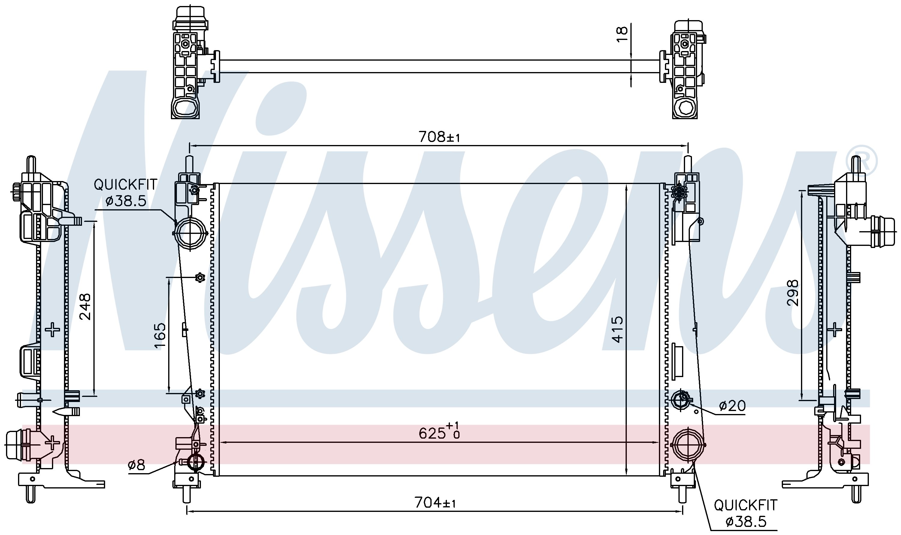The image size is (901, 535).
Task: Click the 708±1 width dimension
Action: pyautogui.click(x=439, y=137)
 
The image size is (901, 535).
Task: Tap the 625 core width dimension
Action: pyautogui.click(x=439, y=431)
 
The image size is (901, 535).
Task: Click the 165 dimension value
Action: pyautogui.click(x=160, y=336)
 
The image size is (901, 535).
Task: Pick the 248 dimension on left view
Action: pyautogui.click(x=85, y=307)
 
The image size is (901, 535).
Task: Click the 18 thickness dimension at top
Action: pyautogui.click(x=622, y=34)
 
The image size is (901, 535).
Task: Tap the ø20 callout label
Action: pyautogui.click(x=732, y=406)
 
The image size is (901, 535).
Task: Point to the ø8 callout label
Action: pyautogui.click(x=136, y=465)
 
